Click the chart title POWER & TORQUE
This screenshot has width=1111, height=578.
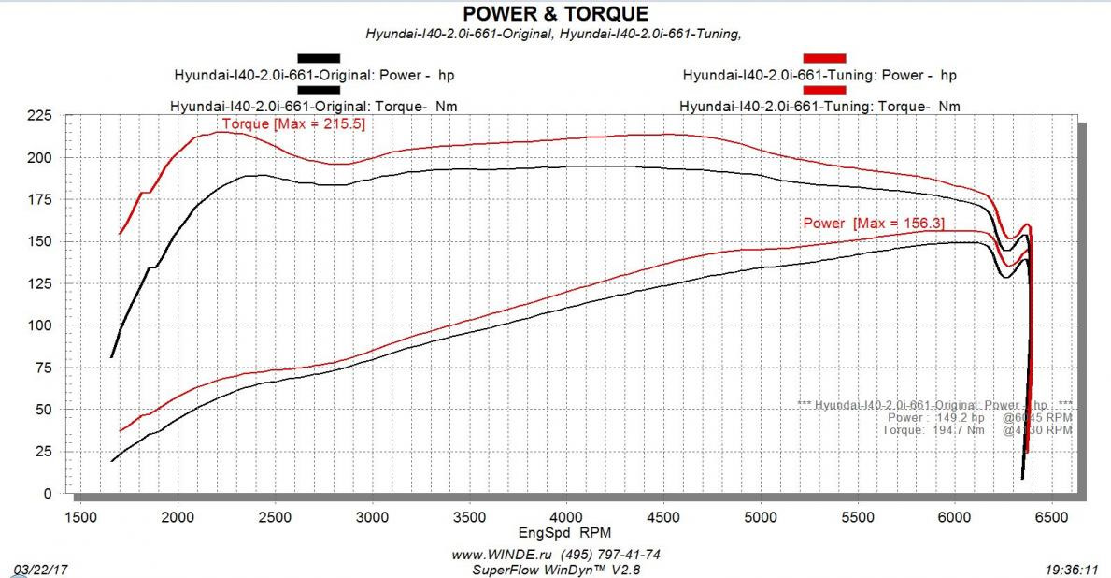(555, 13)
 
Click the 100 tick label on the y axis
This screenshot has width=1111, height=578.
(41, 325)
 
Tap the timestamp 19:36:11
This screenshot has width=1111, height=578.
(1072, 568)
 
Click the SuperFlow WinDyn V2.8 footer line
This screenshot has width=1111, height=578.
(557, 568)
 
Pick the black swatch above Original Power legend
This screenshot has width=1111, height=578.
(319, 58)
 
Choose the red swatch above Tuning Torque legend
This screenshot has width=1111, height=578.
(824, 91)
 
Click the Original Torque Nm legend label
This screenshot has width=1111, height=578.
(313, 107)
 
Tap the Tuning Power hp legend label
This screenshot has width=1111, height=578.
(819, 75)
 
